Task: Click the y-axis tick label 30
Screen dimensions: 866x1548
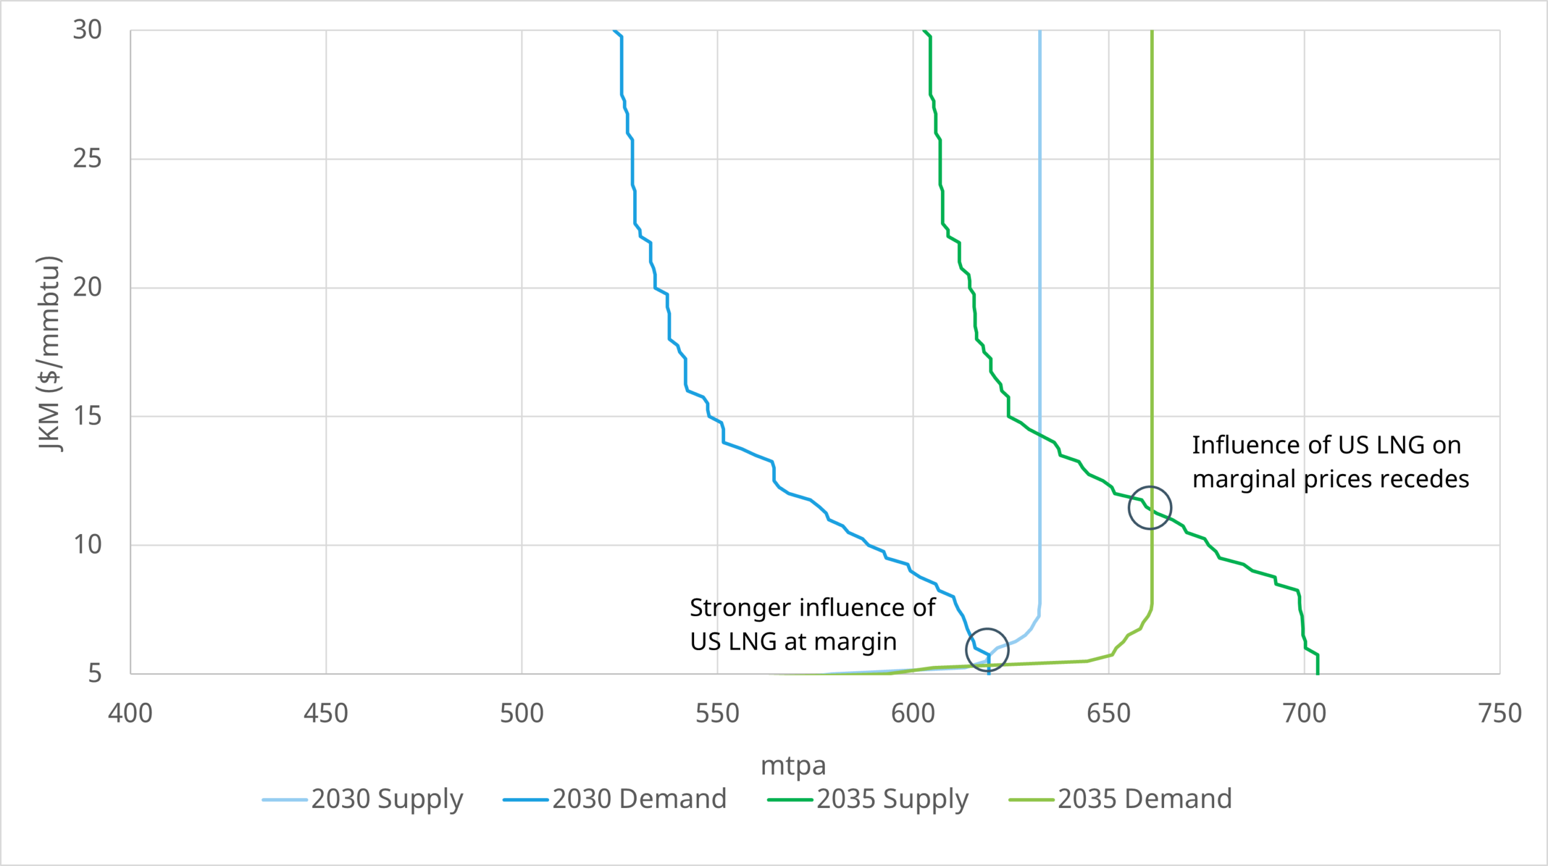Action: coord(87,30)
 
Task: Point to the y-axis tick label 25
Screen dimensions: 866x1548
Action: coord(87,158)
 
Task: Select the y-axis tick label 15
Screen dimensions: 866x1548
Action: coord(87,416)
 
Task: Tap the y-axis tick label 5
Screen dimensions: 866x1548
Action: coord(94,673)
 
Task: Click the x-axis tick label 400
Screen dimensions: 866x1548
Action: coord(130,714)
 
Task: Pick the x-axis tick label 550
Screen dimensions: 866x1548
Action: coord(717,714)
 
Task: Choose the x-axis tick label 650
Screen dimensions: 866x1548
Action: coord(1108,714)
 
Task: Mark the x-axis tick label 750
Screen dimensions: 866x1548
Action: coord(1500,714)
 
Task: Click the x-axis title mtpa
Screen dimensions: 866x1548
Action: coord(793,766)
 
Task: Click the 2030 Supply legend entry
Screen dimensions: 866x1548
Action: coord(363,799)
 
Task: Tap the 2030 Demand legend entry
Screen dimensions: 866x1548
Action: coord(615,799)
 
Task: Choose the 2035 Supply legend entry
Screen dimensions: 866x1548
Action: coord(868,799)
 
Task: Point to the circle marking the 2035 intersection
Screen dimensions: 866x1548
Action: coord(1150,508)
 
